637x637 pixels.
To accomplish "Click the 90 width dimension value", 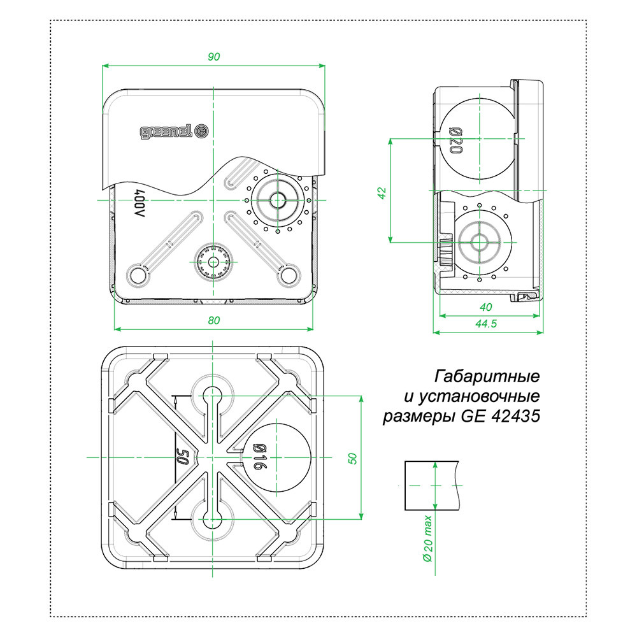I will [x=214, y=57].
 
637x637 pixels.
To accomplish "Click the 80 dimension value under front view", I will [x=214, y=321].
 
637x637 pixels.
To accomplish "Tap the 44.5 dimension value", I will [x=487, y=324].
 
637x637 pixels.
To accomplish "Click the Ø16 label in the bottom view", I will [x=256, y=457].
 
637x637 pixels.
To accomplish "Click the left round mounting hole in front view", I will [x=138, y=275].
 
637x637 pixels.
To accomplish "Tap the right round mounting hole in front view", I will [x=289, y=275].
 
